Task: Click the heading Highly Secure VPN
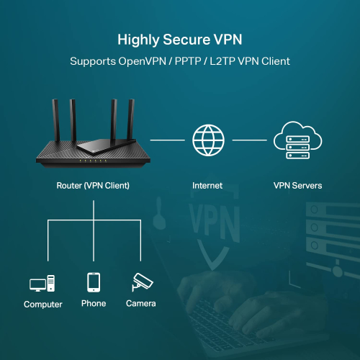[x=179, y=39]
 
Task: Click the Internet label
[x=207, y=186]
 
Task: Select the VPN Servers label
[x=297, y=186]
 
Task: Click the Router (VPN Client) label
[x=93, y=186]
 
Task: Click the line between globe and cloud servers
[x=250, y=140]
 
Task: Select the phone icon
[x=94, y=282]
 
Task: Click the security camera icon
[x=140, y=282]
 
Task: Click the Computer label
[x=43, y=305]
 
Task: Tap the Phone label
[x=94, y=304]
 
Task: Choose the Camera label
[x=140, y=304]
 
